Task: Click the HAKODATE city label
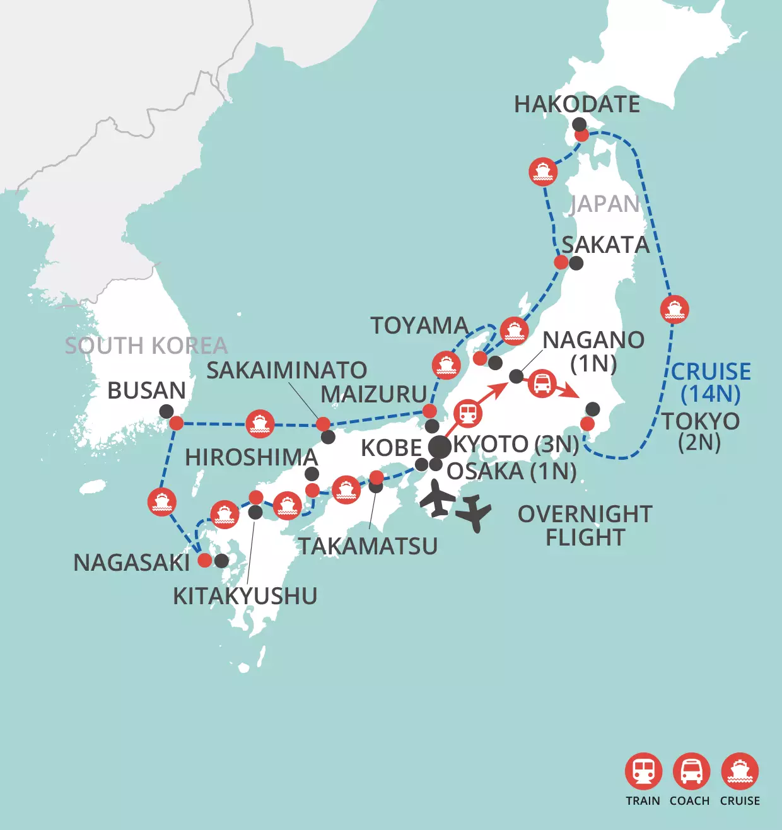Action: (x=577, y=105)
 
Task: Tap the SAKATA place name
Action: (x=605, y=245)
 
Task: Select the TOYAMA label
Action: (x=419, y=326)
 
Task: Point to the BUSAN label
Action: (x=146, y=391)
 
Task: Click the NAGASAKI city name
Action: (x=132, y=563)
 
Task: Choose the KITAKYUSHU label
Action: (x=245, y=596)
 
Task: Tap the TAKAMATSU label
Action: (x=368, y=546)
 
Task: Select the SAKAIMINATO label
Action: (x=287, y=371)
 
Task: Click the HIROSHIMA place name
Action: (x=251, y=458)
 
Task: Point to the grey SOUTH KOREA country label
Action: (x=146, y=346)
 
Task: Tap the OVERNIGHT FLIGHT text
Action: (x=585, y=526)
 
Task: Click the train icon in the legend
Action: (x=643, y=771)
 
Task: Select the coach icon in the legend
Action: (x=691, y=771)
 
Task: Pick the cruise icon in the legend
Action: (x=740, y=771)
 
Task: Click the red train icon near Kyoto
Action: (x=467, y=414)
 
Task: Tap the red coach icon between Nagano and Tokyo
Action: (x=542, y=383)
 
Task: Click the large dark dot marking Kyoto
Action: (x=440, y=447)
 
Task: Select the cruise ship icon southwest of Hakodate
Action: (x=543, y=171)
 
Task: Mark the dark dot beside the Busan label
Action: (x=166, y=412)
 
